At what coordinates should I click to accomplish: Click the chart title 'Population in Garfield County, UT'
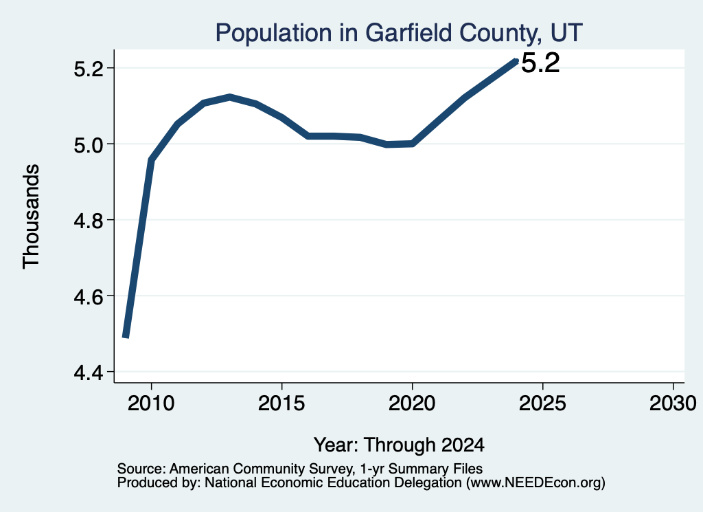click(399, 33)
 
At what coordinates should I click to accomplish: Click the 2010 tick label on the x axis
click(151, 403)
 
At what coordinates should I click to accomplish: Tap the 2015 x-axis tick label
click(281, 403)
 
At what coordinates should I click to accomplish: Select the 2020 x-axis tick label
click(412, 403)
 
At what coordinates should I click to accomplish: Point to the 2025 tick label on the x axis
click(542, 403)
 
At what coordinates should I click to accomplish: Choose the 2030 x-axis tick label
click(673, 403)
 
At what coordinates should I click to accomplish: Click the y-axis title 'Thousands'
click(32, 216)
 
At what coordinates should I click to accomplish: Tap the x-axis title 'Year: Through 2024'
click(399, 445)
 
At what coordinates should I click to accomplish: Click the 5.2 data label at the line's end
click(541, 63)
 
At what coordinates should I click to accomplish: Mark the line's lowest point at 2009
click(126, 337)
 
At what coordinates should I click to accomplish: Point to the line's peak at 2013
click(229, 97)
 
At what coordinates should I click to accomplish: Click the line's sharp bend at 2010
click(152, 159)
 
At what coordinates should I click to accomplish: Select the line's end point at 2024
click(516, 61)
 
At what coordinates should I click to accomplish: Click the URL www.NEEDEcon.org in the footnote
click(535, 483)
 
